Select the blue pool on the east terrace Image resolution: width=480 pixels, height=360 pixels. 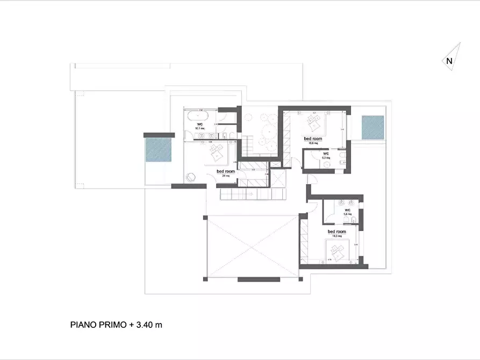pos(372,127)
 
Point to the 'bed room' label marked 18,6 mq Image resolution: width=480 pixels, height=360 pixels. pos(312,139)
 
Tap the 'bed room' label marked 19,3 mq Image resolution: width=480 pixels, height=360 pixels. pos(336,232)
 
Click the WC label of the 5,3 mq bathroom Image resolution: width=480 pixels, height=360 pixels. pos(325,154)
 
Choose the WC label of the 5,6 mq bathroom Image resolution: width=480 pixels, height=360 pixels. pos(347,210)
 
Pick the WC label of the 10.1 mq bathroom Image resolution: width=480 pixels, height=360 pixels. pos(199,125)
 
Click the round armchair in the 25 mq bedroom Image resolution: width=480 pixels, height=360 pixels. pos(191,177)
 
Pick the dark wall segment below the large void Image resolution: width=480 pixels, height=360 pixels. pos(259,279)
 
